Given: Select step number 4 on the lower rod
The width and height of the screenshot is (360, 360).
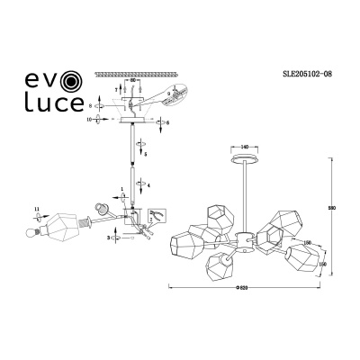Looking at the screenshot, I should click(x=148, y=184).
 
